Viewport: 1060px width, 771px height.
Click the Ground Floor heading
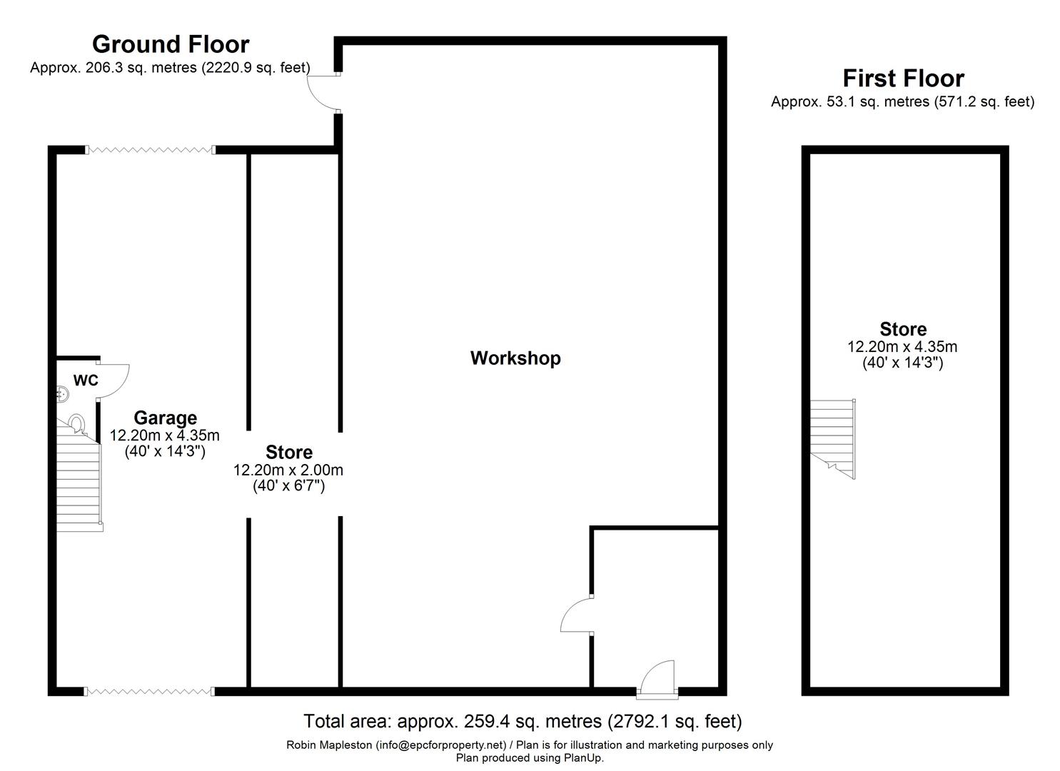[171, 44]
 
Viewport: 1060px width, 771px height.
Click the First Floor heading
[904, 79]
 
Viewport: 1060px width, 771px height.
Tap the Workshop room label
[515, 358]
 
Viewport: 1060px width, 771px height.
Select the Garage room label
[165, 418]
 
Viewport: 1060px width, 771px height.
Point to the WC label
[86, 380]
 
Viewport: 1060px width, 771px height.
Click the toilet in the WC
[77, 423]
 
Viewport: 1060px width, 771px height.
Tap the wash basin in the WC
[62, 393]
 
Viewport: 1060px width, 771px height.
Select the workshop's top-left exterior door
[323, 93]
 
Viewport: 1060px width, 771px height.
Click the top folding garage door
[150, 150]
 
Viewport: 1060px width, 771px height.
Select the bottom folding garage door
[149, 692]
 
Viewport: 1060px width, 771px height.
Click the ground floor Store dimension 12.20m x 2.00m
[288, 470]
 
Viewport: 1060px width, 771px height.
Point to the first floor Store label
[903, 329]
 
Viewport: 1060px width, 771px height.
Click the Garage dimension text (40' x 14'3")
[165, 451]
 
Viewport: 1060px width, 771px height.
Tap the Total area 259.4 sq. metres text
[523, 721]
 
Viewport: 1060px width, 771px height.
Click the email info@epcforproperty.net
[441, 745]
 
